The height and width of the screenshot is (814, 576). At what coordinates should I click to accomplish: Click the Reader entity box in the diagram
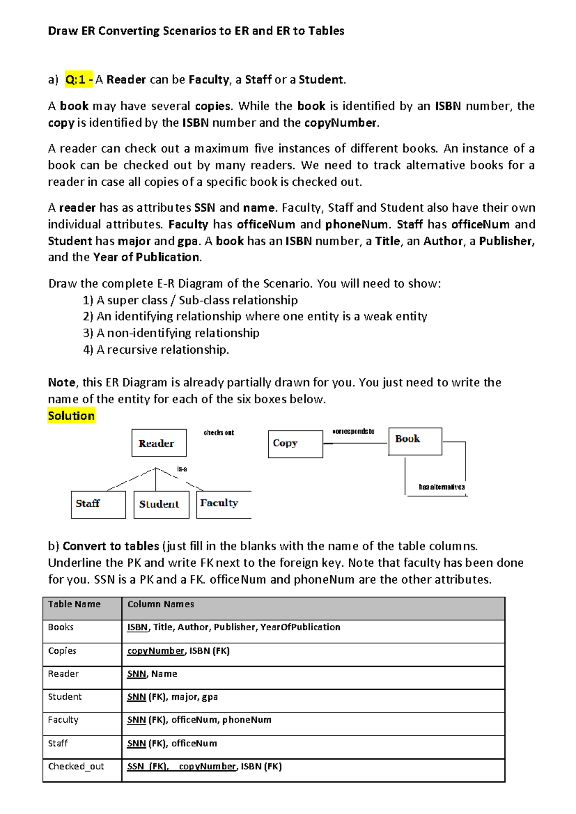(159, 443)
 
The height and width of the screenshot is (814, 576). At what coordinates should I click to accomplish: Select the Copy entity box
(295, 444)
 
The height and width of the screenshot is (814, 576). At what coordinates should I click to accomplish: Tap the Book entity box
(415, 441)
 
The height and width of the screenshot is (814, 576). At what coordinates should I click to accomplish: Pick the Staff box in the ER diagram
(98, 504)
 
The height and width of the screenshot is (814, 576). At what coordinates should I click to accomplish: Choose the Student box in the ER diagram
(161, 504)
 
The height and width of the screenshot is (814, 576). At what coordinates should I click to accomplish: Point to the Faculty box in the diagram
(223, 504)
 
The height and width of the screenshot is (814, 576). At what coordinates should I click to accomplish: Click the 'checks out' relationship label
(219, 432)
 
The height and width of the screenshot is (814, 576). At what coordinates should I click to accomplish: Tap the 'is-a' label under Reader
(182, 469)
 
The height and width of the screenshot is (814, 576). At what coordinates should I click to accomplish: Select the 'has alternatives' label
(442, 487)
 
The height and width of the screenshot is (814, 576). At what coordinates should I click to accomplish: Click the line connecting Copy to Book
(358, 443)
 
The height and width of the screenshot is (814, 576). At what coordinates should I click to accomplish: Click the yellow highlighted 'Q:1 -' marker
(79, 80)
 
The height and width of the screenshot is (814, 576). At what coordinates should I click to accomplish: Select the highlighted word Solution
(71, 416)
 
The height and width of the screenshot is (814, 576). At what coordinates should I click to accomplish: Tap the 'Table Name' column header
(74, 604)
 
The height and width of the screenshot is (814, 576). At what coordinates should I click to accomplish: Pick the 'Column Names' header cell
(161, 604)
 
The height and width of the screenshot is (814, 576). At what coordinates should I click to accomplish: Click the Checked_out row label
(76, 766)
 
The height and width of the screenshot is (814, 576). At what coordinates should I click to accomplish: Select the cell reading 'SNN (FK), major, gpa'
(172, 697)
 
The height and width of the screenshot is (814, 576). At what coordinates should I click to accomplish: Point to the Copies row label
(62, 651)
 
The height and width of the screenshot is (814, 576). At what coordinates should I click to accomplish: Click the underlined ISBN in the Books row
(137, 627)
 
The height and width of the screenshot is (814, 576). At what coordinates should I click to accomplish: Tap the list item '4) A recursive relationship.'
(156, 349)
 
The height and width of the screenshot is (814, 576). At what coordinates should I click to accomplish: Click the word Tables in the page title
(326, 31)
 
